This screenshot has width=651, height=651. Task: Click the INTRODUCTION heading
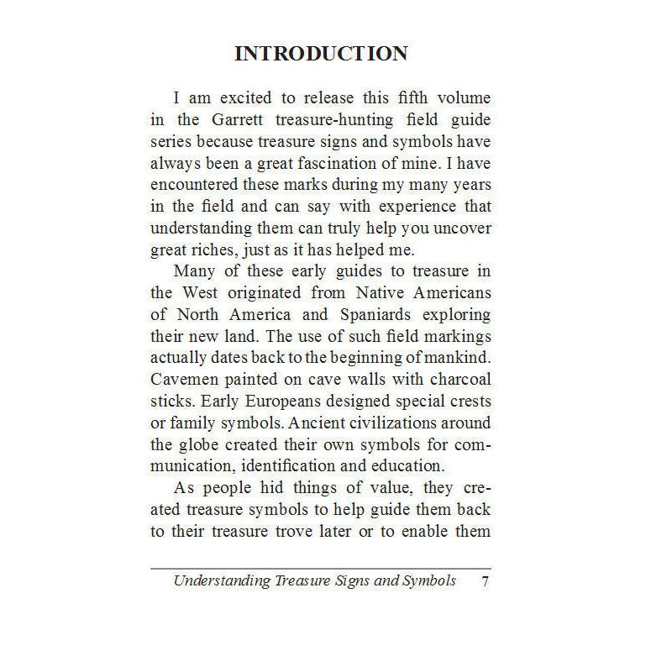coord(321,54)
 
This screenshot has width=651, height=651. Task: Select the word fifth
coord(421,99)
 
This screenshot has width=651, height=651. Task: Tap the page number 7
coord(485,580)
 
